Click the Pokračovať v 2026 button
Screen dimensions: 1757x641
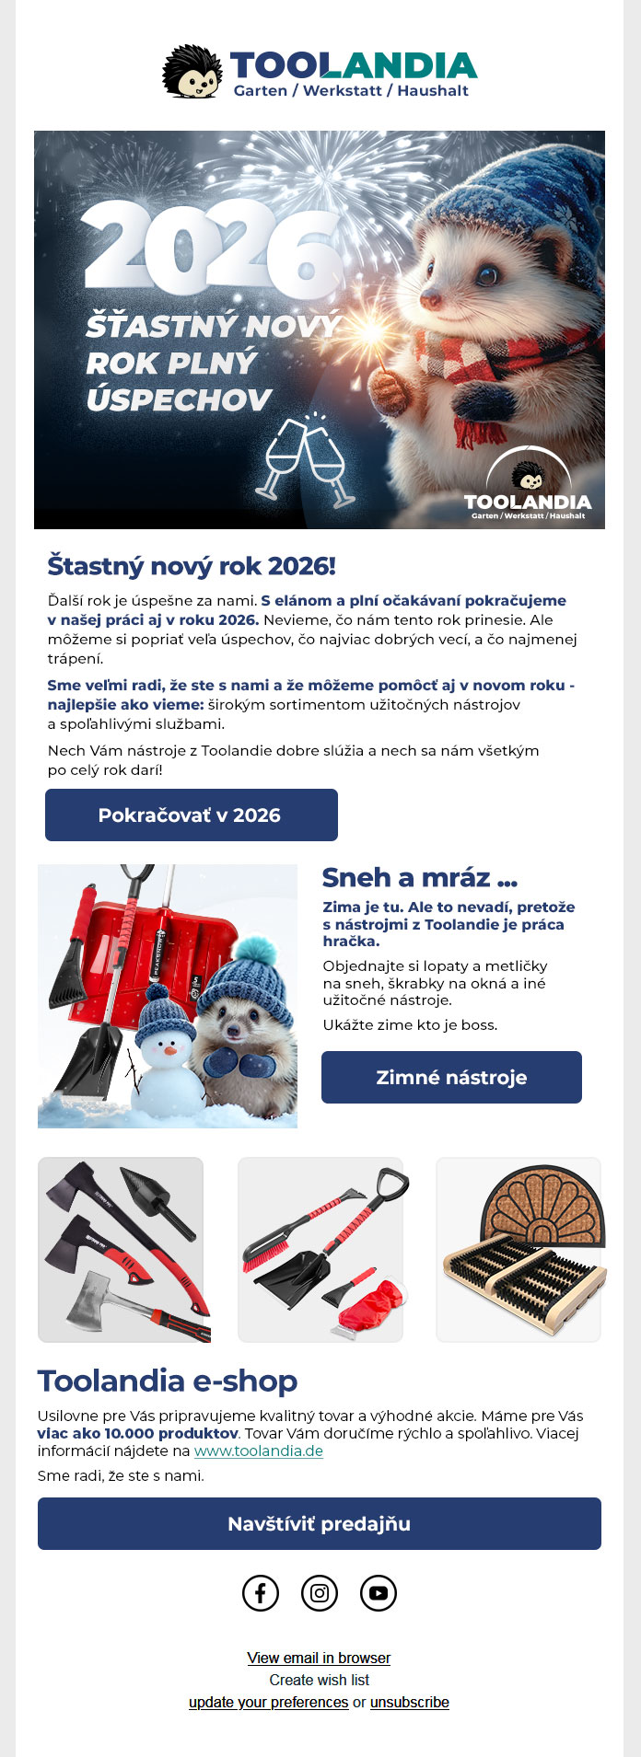coord(191,815)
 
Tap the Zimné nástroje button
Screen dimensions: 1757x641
coord(451,1077)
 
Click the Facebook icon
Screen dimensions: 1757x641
coord(261,1592)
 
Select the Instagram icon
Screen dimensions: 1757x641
coord(320,1592)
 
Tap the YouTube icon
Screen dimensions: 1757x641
coord(379,1592)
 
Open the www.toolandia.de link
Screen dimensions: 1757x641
coord(258,1451)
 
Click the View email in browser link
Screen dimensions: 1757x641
coord(319,1658)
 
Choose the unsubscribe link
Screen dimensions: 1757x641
coord(409,1702)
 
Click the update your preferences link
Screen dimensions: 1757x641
coord(268,1702)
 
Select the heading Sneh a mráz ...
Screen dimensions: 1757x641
coord(419,877)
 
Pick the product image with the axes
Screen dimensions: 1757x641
coord(121,1249)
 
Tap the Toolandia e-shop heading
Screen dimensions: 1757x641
coord(168,1381)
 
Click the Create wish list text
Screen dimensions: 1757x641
coord(319,1680)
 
